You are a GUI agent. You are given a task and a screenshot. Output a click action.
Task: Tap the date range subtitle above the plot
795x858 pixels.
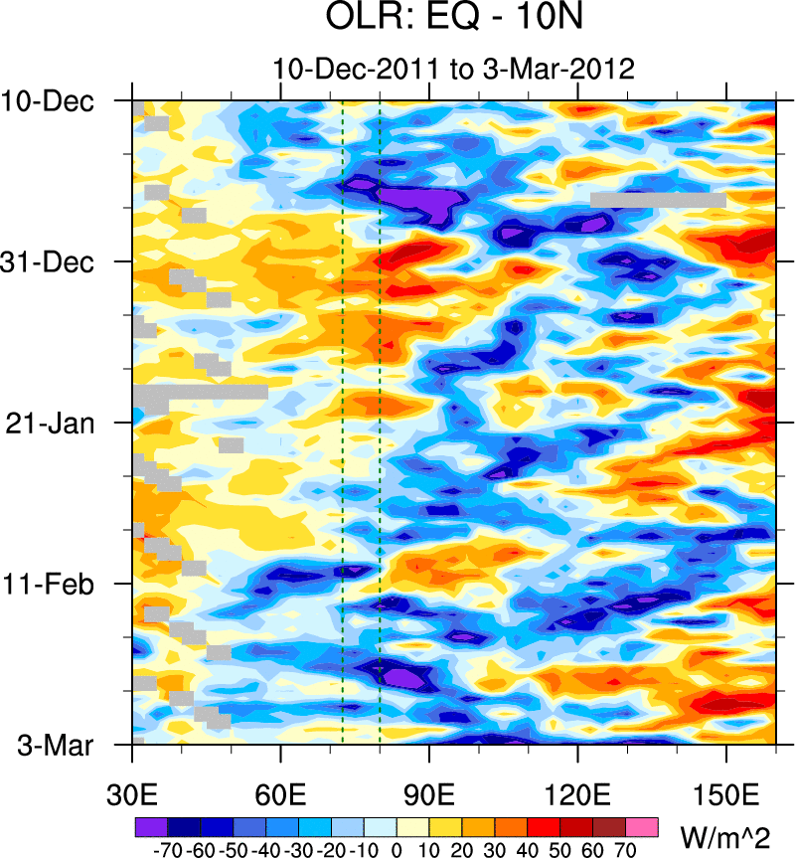point(453,69)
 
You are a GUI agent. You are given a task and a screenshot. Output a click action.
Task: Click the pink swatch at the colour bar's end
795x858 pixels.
point(642,826)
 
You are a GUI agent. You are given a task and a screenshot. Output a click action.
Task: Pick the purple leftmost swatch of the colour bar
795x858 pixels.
point(150,826)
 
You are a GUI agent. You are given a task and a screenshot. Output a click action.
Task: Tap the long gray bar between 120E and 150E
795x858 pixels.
point(658,200)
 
